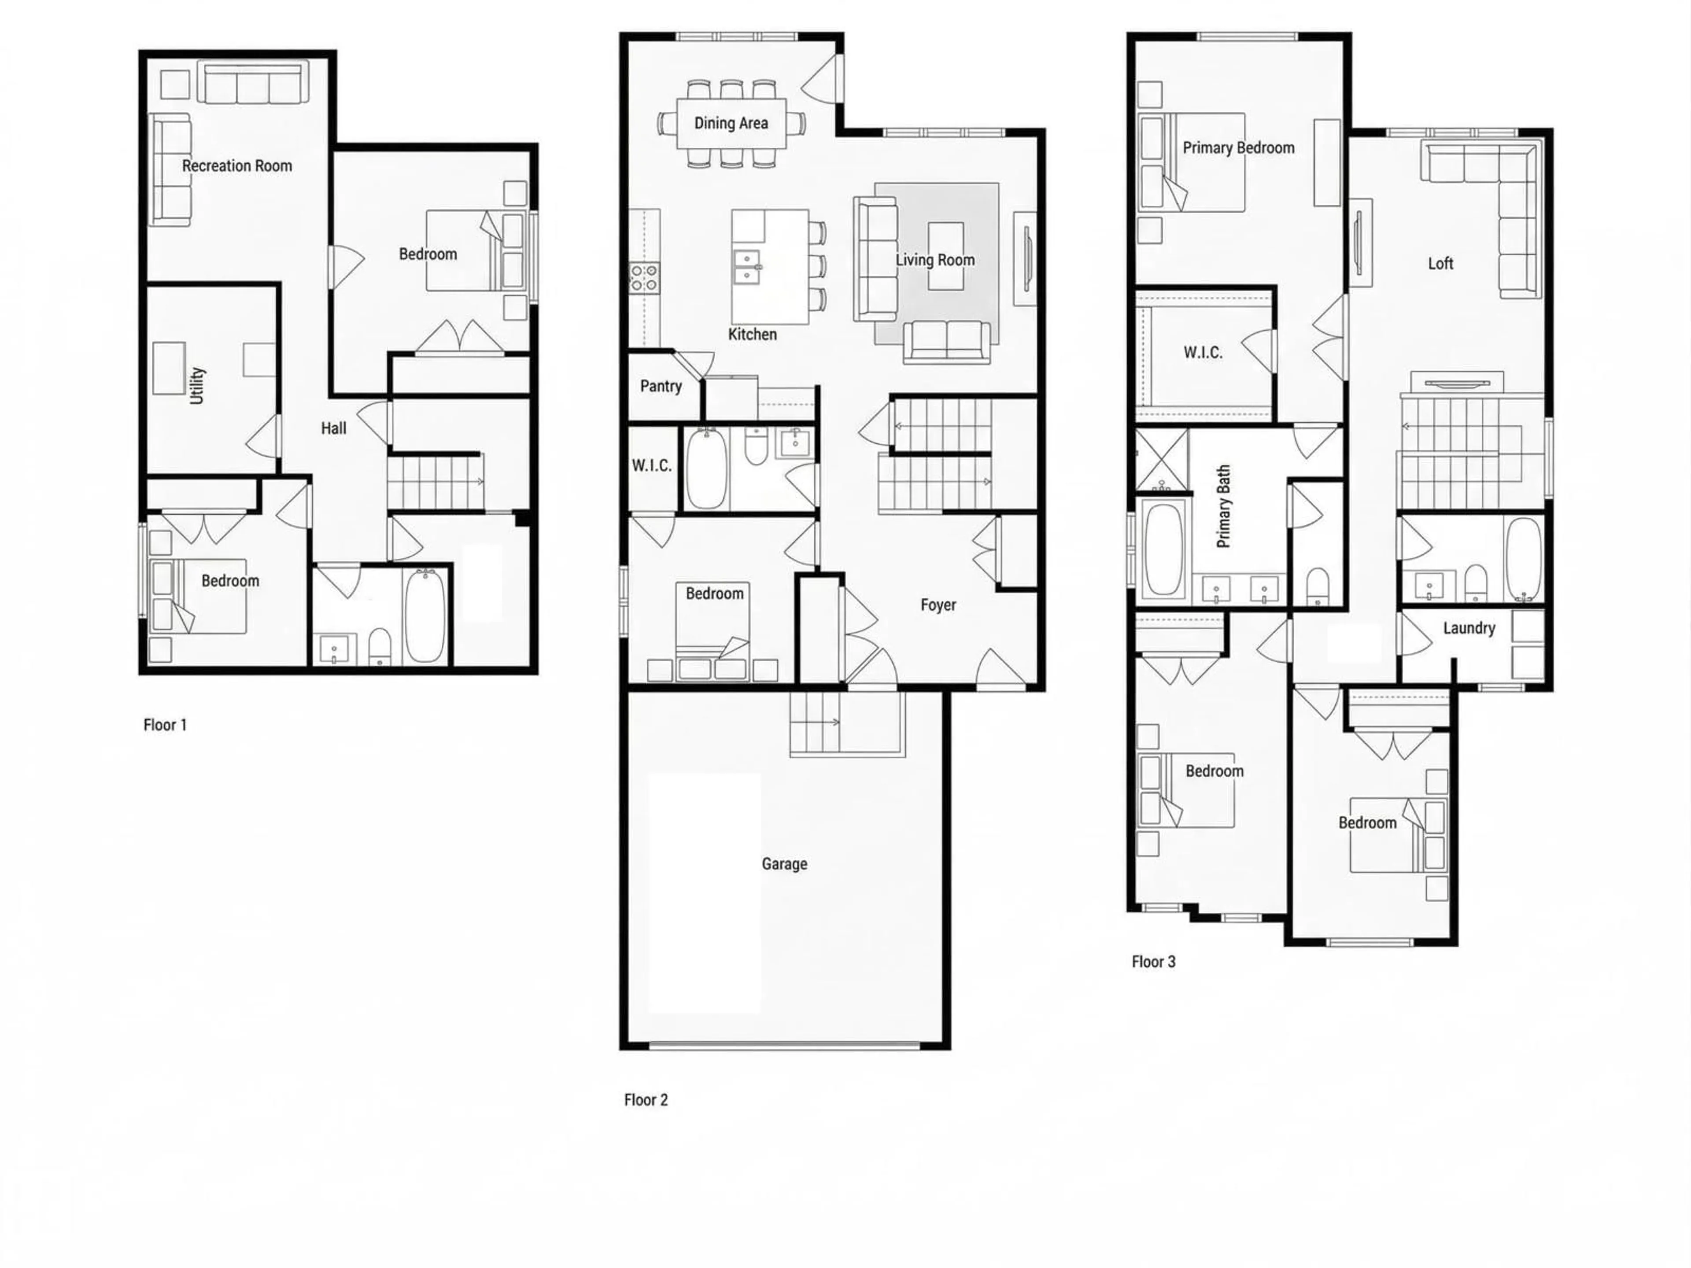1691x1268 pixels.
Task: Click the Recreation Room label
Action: pos(237,166)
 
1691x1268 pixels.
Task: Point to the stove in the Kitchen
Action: pos(644,276)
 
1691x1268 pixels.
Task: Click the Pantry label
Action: pos(661,386)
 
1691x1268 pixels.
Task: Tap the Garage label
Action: pos(784,864)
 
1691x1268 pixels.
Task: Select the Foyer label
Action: pos(938,605)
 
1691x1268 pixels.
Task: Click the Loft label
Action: pos(1440,264)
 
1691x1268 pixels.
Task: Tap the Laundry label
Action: pos(1469,628)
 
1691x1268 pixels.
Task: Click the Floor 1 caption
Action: pos(165,725)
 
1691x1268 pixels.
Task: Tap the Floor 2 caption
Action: pos(646,1100)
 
